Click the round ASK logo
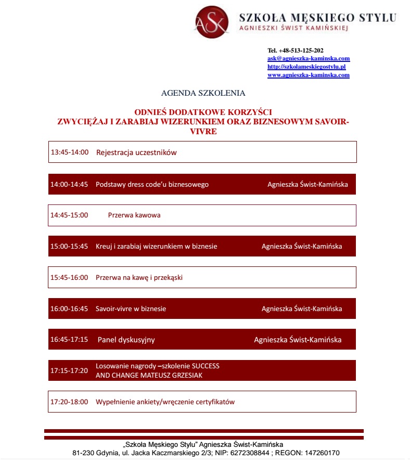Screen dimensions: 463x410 [212, 22]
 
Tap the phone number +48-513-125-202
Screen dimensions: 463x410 [301, 50]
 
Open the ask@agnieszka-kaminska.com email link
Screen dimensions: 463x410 [308, 59]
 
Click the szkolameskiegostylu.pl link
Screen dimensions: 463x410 [306, 67]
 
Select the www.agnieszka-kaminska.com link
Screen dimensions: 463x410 [308, 75]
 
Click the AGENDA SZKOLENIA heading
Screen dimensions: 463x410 [203, 94]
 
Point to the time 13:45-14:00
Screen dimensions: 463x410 [70, 152]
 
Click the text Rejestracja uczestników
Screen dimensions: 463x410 [136, 152]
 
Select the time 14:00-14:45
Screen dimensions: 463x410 [69, 184]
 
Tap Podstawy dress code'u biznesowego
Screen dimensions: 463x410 [152, 184]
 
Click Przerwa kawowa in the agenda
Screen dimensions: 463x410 [134, 215]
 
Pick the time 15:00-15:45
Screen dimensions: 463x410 [69, 246]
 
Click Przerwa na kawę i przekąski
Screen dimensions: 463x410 [139, 277]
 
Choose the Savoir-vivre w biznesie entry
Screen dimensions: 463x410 [131, 308]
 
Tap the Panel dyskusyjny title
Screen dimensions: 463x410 [126, 340]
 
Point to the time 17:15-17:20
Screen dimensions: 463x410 [69, 370]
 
